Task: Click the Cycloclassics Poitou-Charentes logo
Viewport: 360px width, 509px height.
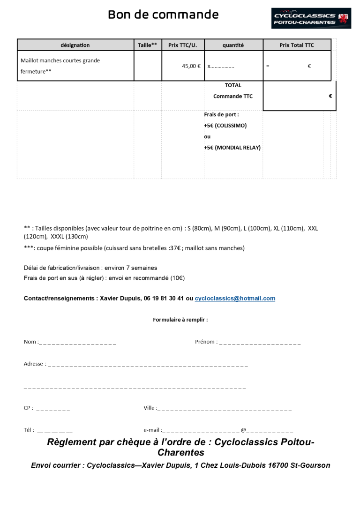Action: tap(311, 18)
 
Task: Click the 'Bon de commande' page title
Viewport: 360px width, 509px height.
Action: tap(163, 15)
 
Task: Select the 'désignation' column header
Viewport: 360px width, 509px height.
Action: tap(75, 45)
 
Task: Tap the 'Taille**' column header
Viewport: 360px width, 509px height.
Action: tap(148, 45)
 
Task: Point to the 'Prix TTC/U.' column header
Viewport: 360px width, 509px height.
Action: tap(182, 45)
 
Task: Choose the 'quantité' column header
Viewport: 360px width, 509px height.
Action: tap(233, 45)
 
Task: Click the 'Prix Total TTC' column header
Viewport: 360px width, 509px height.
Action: tap(296, 45)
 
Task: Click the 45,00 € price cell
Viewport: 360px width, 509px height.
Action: tap(191, 66)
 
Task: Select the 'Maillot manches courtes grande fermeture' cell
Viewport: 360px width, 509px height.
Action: tap(60, 66)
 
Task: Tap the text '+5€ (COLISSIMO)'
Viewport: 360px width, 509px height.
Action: tap(225, 126)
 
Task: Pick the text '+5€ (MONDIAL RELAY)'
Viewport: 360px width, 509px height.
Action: tap(232, 148)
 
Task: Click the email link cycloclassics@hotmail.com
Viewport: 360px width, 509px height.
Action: tap(235, 299)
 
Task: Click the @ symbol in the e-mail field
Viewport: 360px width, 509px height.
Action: tap(243, 430)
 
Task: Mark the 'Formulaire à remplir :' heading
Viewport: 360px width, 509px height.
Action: tap(180, 320)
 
